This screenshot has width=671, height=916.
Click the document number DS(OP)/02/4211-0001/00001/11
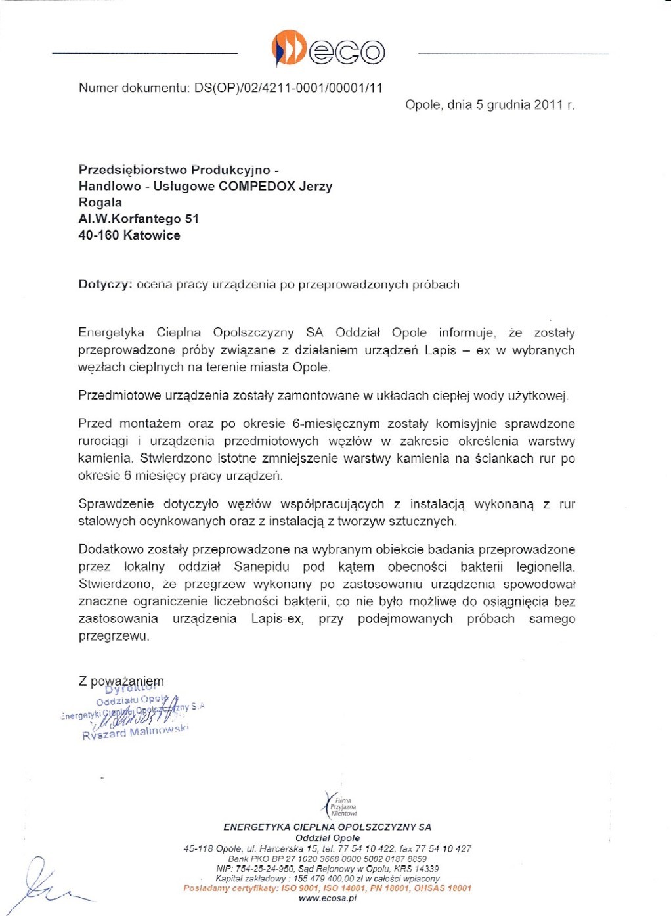(x=288, y=88)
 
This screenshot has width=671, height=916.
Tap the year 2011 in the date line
(x=548, y=104)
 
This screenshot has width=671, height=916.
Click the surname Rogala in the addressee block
(x=100, y=202)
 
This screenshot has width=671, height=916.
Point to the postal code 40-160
(x=99, y=235)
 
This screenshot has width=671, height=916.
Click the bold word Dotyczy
(x=104, y=285)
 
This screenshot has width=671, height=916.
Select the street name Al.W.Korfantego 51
(x=138, y=219)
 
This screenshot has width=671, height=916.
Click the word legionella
(x=545, y=566)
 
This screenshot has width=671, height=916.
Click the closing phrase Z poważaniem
(x=121, y=681)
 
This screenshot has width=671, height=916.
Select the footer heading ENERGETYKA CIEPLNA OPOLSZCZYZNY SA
(x=327, y=827)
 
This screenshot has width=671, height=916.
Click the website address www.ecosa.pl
(x=327, y=898)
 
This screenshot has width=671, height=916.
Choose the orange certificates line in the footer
(x=327, y=888)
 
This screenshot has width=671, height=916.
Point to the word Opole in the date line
(x=422, y=104)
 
